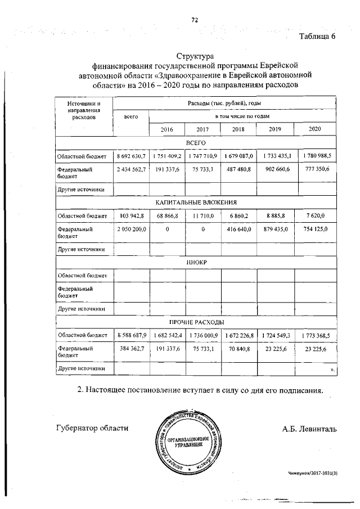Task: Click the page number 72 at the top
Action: tap(195, 20)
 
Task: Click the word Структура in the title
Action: tap(195, 57)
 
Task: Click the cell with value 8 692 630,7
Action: tap(131, 155)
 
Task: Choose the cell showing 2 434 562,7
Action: tap(131, 169)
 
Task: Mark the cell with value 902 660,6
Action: tap(276, 169)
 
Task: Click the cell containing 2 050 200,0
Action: tap(131, 229)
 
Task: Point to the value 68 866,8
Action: tap(166, 215)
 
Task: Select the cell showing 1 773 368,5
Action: tap(315, 336)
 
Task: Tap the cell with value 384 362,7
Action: tap(131, 349)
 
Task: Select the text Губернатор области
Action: tap(92, 428)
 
